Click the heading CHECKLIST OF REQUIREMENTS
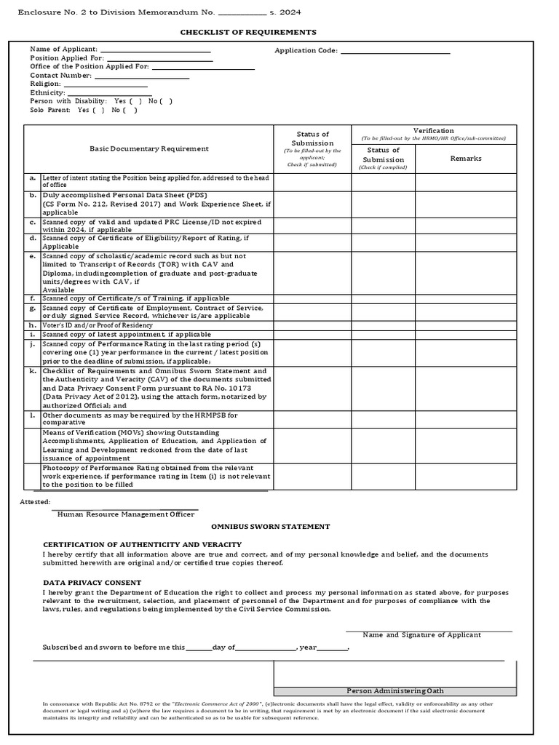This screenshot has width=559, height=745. point(248,33)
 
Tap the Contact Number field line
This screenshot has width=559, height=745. point(141,77)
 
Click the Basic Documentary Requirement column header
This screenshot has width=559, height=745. point(148,148)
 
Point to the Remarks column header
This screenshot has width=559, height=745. point(466,158)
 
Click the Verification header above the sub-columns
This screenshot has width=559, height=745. point(434,131)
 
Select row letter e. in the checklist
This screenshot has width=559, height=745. point(32,256)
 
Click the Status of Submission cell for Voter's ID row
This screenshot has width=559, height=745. point(312,324)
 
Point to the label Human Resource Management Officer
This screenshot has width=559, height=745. point(126,514)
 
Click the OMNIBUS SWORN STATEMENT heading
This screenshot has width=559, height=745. point(270,526)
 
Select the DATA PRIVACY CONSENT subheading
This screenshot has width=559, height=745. point(92,583)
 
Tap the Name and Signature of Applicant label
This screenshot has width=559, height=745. point(421,635)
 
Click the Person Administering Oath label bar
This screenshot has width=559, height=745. point(395,690)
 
